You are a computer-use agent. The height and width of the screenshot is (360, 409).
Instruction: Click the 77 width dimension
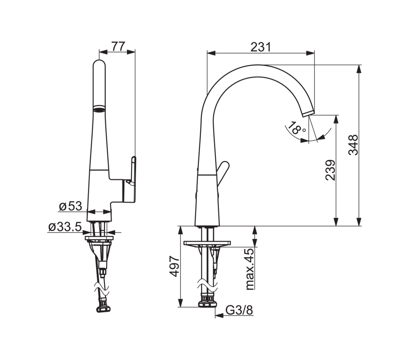pyautogui.click(x=119, y=46)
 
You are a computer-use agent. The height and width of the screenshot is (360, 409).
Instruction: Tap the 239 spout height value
pyautogui.click(x=331, y=170)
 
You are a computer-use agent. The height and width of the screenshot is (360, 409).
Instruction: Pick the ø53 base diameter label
pyautogui.click(x=70, y=206)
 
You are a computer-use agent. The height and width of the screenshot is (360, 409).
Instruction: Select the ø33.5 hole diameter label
pyautogui.click(x=65, y=227)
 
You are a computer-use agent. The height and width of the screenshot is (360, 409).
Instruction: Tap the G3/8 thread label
pyautogui.click(x=239, y=310)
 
